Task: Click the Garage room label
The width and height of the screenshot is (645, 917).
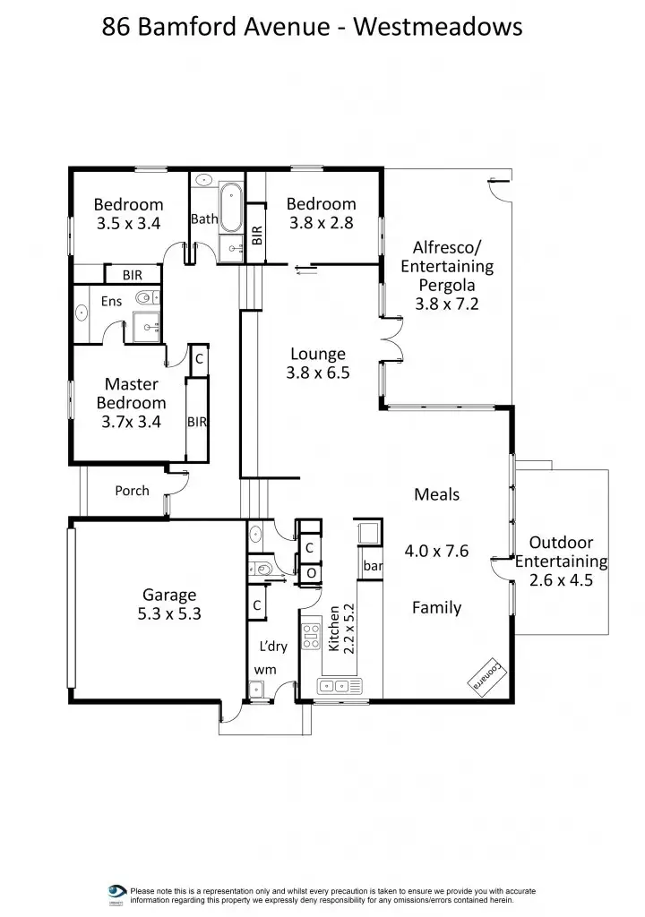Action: click(x=169, y=595)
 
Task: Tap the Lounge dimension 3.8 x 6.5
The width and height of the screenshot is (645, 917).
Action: click(x=317, y=373)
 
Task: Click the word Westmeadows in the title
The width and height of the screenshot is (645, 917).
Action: click(x=437, y=27)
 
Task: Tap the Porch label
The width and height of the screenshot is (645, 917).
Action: click(x=132, y=491)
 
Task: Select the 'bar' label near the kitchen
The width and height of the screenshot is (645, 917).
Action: click(x=373, y=566)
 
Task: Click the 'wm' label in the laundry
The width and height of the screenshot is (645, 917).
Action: click(x=264, y=669)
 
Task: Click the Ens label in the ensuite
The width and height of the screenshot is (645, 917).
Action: click(x=111, y=302)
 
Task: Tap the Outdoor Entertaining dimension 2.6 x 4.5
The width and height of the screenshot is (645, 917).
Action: click(x=561, y=580)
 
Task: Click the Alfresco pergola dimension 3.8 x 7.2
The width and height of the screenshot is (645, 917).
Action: click(x=447, y=304)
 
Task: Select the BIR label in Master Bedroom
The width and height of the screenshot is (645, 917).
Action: click(x=197, y=422)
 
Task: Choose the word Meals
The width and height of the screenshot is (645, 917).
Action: click(x=436, y=494)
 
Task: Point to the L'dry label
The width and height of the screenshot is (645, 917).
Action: click(x=272, y=646)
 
